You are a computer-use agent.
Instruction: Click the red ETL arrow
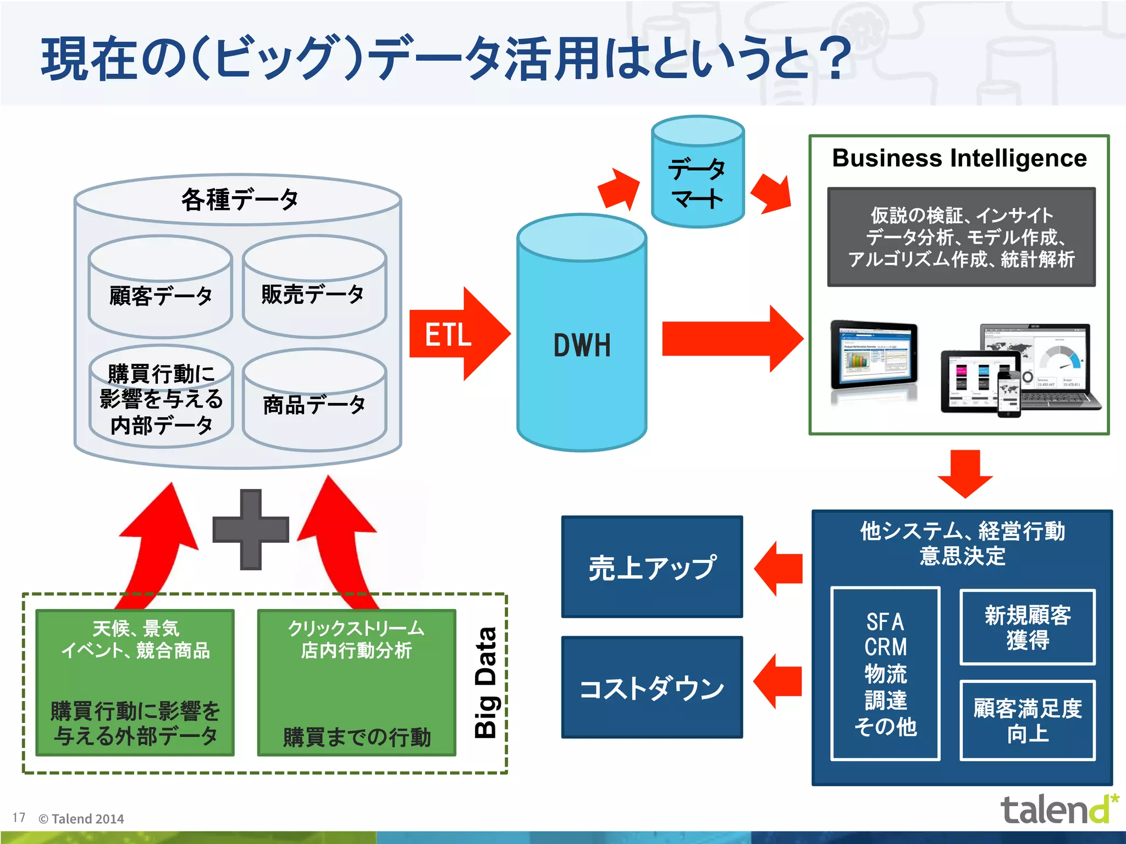(456, 334)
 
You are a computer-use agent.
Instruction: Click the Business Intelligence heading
(959, 158)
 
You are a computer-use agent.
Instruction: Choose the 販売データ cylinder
(314, 294)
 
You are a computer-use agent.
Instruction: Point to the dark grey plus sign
(251, 529)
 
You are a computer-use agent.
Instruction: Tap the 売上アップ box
(652, 567)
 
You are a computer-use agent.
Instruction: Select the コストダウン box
(652, 687)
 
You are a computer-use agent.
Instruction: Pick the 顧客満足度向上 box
(1027, 720)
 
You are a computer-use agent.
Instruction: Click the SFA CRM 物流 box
(885, 674)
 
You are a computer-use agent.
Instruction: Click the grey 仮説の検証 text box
(961, 237)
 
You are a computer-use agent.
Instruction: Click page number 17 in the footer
(19, 818)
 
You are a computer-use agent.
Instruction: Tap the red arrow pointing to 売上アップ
(778, 568)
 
